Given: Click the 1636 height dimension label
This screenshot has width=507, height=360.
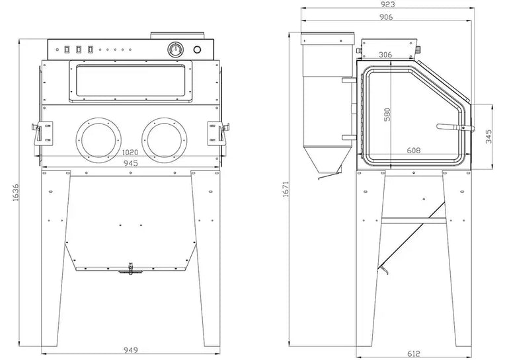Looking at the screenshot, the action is click(x=16, y=193).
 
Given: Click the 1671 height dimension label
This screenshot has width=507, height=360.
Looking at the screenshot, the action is click(x=286, y=190).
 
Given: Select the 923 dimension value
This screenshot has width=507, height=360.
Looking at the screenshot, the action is click(x=388, y=4).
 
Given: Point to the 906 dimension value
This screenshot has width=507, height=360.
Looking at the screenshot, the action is click(x=386, y=17).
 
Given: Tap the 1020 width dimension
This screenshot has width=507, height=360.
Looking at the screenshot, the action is click(x=130, y=152).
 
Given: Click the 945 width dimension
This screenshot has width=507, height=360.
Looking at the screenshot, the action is click(x=131, y=163).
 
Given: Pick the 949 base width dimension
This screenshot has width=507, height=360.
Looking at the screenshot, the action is click(x=131, y=349).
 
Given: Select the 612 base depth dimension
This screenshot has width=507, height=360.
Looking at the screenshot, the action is click(x=414, y=354).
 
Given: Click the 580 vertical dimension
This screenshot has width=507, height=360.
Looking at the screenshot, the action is click(x=387, y=114).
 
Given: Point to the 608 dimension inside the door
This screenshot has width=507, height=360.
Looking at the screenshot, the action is click(x=414, y=150).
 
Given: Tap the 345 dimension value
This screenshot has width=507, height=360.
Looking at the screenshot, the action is click(x=488, y=136).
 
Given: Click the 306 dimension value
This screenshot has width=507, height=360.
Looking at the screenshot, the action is click(x=385, y=55).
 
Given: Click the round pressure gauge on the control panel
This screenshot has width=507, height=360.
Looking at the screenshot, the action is click(x=176, y=50).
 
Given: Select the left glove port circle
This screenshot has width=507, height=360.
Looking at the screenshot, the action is click(x=98, y=140).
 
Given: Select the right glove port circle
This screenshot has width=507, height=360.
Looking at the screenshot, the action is click(x=164, y=140).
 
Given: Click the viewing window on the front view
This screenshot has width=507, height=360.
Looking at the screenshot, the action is click(x=130, y=82).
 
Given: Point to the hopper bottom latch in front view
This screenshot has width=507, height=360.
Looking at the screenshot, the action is click(x=130, y=269).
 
